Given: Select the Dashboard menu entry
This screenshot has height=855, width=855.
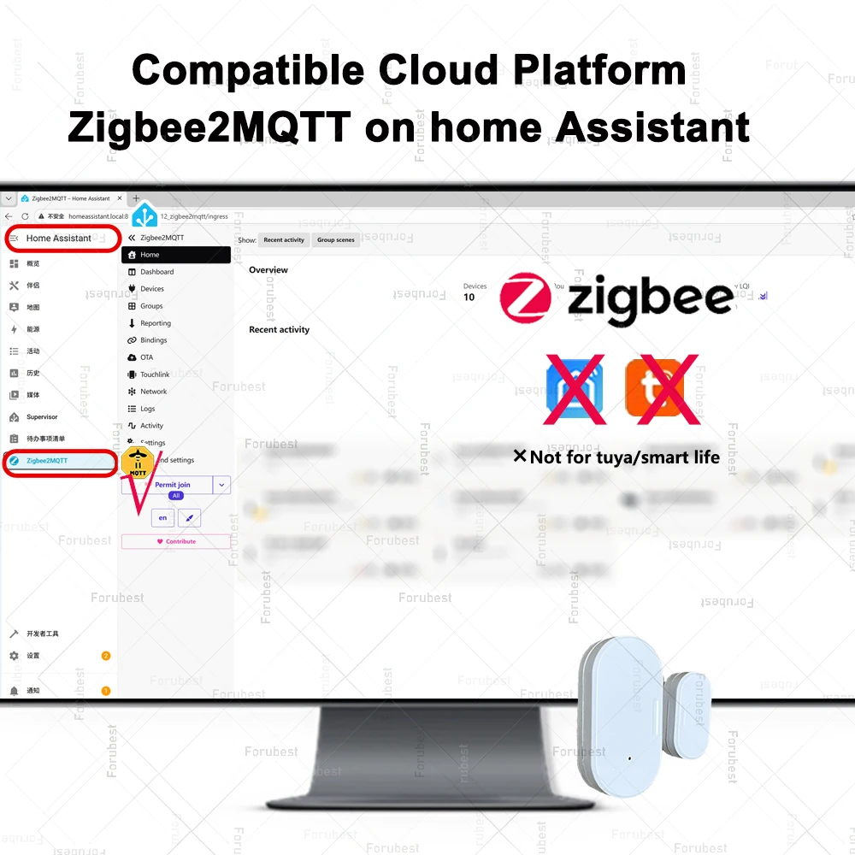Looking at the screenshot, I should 156,272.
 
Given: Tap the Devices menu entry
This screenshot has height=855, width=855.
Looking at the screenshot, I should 152,289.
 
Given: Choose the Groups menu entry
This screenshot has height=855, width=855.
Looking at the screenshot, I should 151,306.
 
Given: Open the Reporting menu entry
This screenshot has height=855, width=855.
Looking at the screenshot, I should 156,323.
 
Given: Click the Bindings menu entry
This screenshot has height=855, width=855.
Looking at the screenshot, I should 154,340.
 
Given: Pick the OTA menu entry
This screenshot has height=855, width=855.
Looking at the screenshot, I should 147,357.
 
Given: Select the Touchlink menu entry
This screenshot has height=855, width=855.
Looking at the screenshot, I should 155,374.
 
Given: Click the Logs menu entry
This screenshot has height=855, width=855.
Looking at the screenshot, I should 148,409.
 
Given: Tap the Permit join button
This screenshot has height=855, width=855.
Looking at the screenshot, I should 172,485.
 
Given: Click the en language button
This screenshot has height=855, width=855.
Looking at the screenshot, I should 162,517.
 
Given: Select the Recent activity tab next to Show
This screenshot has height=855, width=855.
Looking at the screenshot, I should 284,240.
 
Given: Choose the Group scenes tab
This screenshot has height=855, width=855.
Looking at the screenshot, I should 336,240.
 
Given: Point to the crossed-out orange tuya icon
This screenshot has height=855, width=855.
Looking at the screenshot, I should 661,389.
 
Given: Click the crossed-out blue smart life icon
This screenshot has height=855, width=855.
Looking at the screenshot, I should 575,390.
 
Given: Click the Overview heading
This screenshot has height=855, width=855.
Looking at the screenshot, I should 268,270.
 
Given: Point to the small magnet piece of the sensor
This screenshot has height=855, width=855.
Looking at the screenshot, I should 687,714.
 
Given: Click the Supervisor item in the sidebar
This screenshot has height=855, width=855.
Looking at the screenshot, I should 42,417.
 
